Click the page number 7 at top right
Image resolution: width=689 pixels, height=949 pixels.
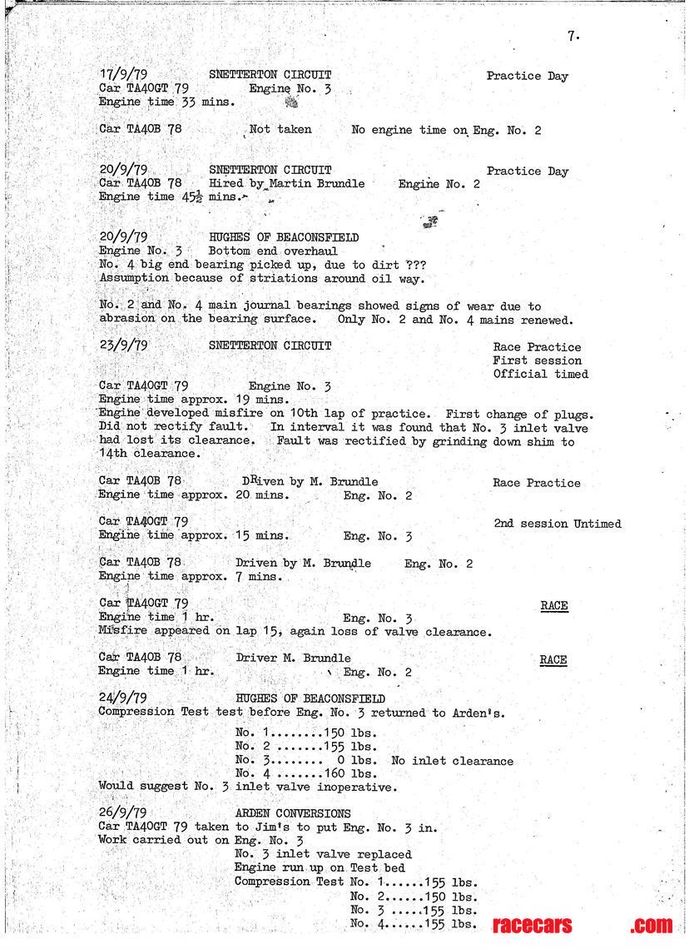(x=573, y=36)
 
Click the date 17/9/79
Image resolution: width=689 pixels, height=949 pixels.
(x=123, y=75)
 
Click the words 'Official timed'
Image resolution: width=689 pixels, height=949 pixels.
(x=540, y=374)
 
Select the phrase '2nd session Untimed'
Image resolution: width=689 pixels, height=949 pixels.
(x=557, y=524)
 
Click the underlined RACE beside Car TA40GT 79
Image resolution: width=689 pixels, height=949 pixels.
(x=553, y=605)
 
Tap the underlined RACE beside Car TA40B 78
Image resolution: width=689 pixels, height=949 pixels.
(x=553, y=660)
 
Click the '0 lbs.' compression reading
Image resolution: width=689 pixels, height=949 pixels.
(x=357, y=761)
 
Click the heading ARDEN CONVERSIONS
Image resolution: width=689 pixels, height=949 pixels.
(x=293, y=813)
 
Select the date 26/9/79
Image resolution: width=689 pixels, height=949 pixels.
(x=123, y=813)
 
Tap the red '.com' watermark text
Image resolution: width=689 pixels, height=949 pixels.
(x=650, y=925)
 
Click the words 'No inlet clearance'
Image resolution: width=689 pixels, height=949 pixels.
(x=452, y=761)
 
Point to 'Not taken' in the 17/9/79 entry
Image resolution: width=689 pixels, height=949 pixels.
(x=282, y=129)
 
